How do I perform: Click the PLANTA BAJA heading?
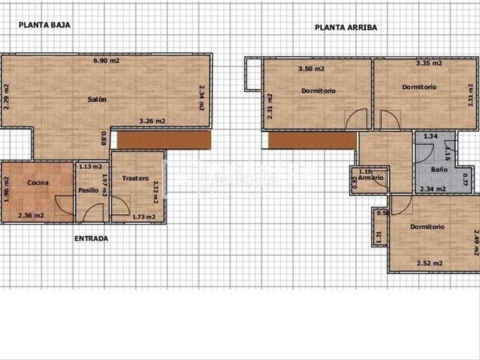click(45, 25)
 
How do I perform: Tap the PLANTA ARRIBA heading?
click(346, 27)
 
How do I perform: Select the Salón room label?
click(97, 100)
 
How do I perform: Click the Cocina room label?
click(38, 182)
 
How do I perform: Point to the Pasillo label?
click(89, 190)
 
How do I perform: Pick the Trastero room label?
click(135, 178)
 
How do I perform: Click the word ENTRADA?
click(91, 238)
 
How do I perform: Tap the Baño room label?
click(440, 170)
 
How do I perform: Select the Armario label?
click(371, 178)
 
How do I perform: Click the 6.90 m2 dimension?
click(107, 61)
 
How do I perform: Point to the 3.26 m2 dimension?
click(152, 121)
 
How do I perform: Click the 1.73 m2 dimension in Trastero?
click(143, 217)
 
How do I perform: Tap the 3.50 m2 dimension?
click(311, 69)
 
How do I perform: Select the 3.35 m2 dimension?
click(429, 62)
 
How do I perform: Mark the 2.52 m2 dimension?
click(430, 263)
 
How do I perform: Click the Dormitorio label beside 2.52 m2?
click(427, 227)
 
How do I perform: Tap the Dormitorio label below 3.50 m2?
click(318, 91)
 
